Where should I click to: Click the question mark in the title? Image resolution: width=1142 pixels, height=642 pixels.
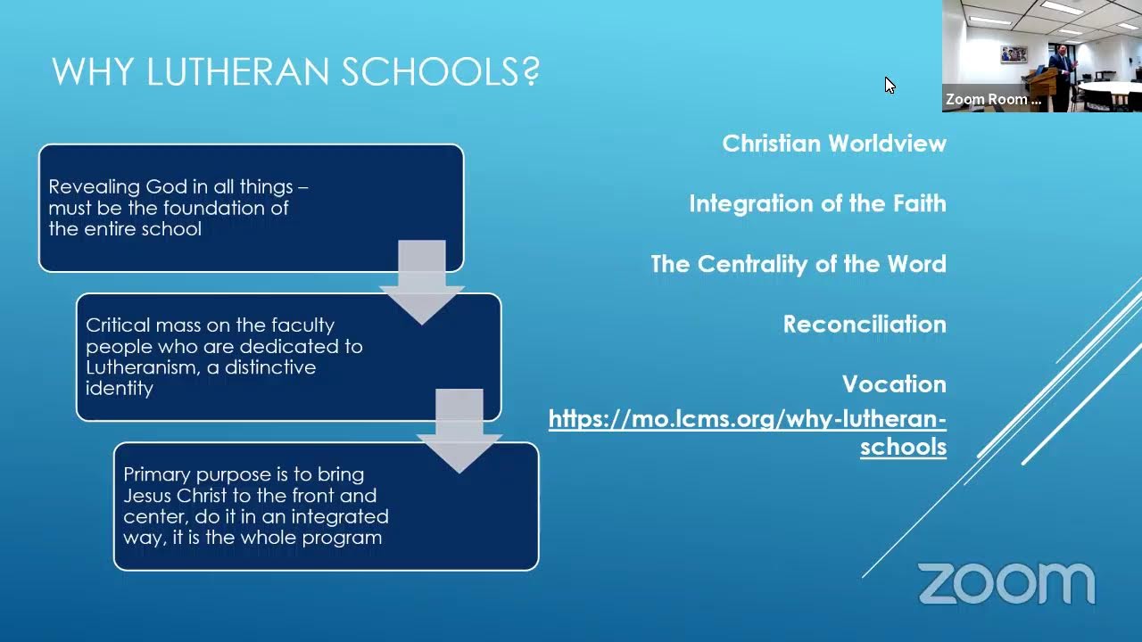tap(531, 72)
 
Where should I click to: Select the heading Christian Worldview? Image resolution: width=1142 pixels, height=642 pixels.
tap(834, 144)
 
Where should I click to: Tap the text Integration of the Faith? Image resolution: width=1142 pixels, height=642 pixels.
tap(817, 203)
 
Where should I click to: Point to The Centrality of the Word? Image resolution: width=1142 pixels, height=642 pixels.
tap(799, 264)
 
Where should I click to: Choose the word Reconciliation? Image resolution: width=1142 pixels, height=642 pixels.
tap(865, 324)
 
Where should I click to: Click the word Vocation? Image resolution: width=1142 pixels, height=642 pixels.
tap(894, 384)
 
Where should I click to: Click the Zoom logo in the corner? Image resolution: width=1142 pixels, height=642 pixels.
tap(1006, 584)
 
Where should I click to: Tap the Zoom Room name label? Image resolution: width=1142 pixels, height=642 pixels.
tap(993, 100)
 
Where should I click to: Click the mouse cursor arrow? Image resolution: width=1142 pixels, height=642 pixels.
tap(890, 85)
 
